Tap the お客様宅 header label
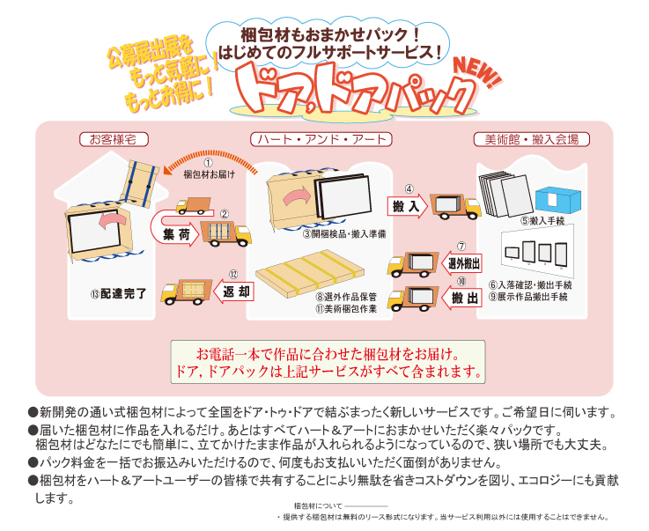pyautogui.click(x=114, y=139)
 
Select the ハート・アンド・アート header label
pyautogui.click(x=321, y=139)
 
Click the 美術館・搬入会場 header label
pyautogui.click(x=532, y=139)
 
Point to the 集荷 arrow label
pyautogui.click(x=176, y=234)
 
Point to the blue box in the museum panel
pyautogui.click(x=558, y=200)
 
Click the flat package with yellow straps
pyautogui.click(x=310, y=272)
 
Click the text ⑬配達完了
pyautogui.click(x=118, y=294)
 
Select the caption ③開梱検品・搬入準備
pyautogui.click(x=344, y=234)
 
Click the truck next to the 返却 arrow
pyautogui.click(x=186, y=291)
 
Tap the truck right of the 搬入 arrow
pyautogui.click(x=455, y=206)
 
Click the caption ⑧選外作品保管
pyautogui.click(x=346, y=297)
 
